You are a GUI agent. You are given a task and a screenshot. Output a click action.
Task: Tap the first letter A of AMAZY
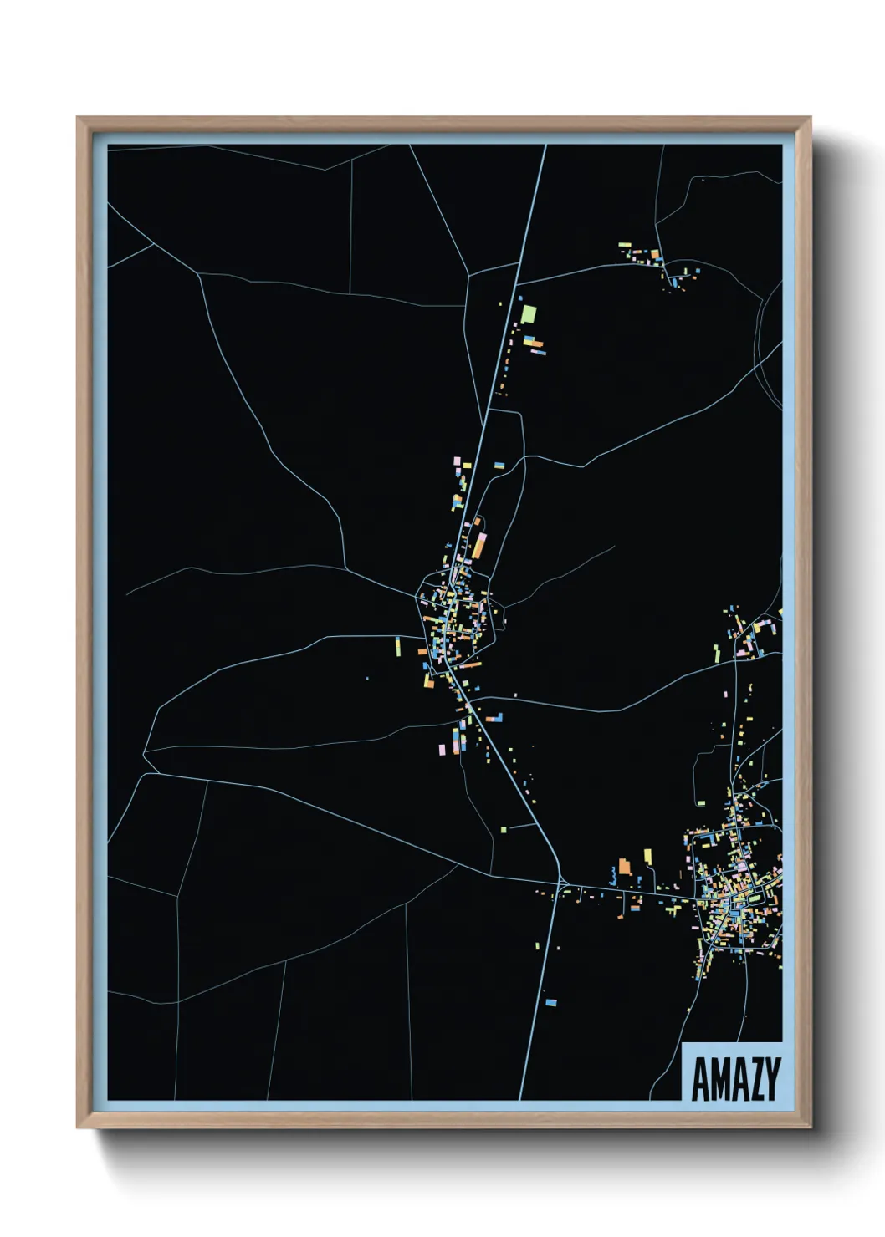pos(700,1080)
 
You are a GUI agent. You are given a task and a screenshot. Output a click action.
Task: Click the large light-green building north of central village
pos(528,315)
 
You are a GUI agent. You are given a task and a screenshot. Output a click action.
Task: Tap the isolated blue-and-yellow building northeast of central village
pos(499,464)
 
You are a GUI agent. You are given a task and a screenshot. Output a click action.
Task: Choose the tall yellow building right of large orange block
pos(647,858)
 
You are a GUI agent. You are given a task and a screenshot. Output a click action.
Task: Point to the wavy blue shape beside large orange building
pos(613,878)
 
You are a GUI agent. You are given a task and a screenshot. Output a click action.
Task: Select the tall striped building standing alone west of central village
pos(398,646)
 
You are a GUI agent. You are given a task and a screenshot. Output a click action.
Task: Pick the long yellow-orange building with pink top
pos(478,546)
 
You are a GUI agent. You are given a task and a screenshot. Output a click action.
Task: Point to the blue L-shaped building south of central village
pos(495,717)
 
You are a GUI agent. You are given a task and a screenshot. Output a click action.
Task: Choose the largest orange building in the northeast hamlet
pos(656,256)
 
